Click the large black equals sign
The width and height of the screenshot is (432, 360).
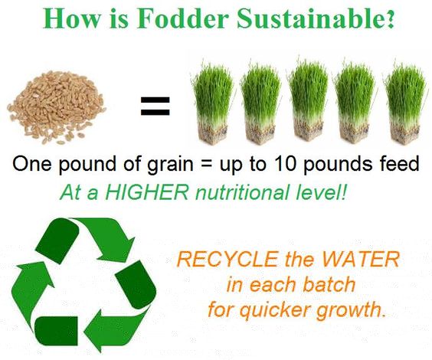click(155, 106)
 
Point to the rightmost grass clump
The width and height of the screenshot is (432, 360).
click(405, 102)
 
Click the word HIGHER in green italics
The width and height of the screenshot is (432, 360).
click(147, 192)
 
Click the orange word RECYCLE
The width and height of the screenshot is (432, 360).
click(227, 259)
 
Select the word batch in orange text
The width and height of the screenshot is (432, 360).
click(329, 284)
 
